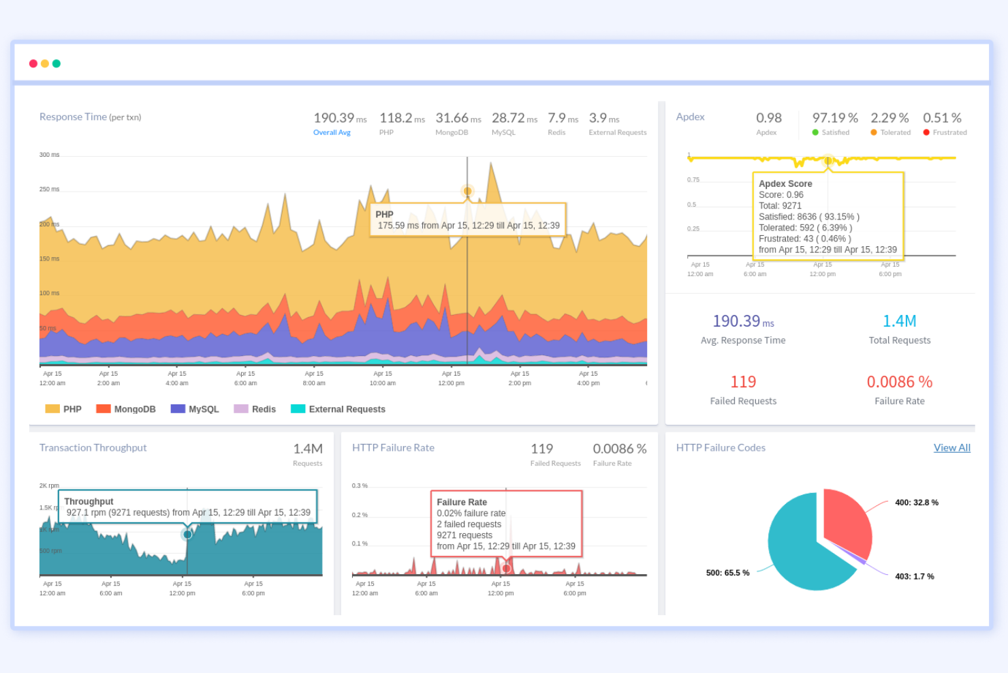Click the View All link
pos(951,448)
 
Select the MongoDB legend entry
pos(126,409)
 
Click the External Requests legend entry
pos(338,409)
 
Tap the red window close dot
pos(33,63)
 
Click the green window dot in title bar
pos(57,63)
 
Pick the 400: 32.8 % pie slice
pos(847,522)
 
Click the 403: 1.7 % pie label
pos(914,577)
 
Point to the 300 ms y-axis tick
pos(49,155)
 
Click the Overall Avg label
pos(332,133)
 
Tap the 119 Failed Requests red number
pos(743,382)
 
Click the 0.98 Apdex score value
pos(768,118)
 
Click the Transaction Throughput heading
pos(93,448)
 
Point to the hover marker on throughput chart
pos(187,535)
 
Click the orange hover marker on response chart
pos(467,191)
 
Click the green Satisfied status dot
pos(815,133)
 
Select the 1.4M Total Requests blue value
pos(899,321)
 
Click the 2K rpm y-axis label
pos(49,486)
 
